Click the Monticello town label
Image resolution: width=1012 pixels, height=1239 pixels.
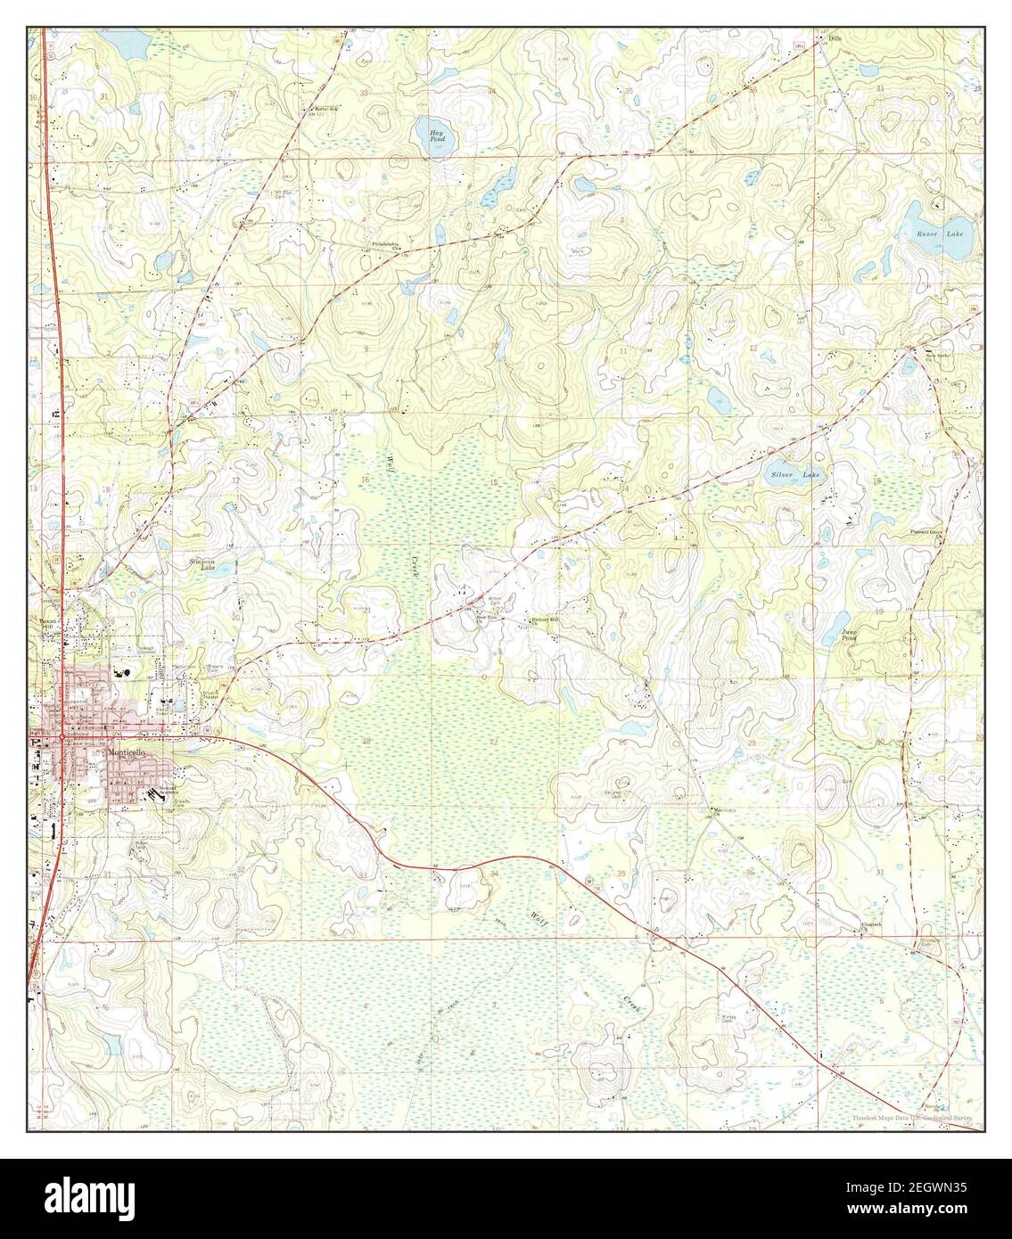coord(131,753)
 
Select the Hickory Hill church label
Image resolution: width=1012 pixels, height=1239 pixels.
coord(544,619)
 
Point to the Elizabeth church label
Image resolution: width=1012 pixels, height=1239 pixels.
coord(870,924)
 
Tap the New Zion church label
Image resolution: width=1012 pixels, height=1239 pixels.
coord(484,617)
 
